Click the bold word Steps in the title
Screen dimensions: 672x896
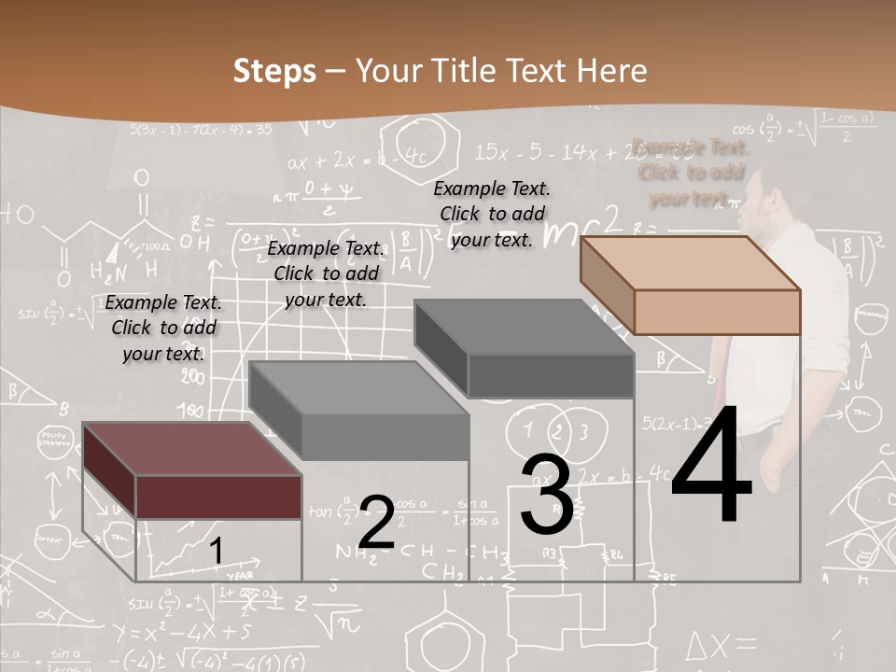(274, 71)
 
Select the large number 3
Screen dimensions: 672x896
(547, 495)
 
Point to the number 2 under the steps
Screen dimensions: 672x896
(376, 522)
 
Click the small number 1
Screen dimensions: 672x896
(216, 552)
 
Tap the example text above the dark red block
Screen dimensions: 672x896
(163, 328)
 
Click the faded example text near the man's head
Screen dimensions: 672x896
(691, 173)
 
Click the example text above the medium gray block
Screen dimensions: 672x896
(326, 273)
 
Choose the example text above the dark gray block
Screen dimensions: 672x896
(492, 214)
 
